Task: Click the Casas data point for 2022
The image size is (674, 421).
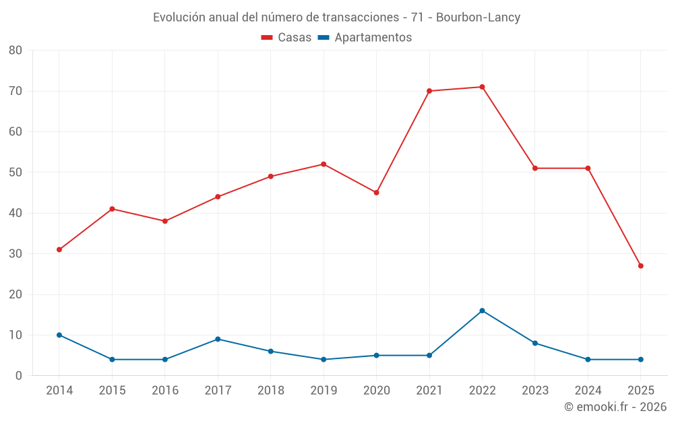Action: [482, 87]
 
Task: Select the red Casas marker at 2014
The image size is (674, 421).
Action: [59, 250]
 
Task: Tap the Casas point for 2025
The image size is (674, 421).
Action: [640, 266]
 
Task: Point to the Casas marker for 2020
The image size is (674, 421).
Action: [376, 193]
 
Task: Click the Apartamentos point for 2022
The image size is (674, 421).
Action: [482, 311]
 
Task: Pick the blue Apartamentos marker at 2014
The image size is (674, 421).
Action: [59, 335]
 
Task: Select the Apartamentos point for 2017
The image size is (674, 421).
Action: [218, 339]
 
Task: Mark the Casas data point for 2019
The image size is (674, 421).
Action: [324, 164]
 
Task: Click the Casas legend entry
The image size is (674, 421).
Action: [286, 38]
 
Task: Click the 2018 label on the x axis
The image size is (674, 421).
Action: [271, 391]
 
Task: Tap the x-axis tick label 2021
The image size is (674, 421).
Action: [429, 391]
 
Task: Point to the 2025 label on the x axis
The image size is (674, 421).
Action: [640, 391]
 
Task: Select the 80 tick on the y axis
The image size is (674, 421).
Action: [16, 51]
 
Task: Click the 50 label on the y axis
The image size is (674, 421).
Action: [16, 172]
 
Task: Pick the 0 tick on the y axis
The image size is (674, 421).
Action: [19, 376]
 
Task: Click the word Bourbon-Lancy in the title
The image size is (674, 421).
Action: [478, 18]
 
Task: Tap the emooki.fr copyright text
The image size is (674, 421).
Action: [615, 407]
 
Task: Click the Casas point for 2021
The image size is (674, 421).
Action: [429, 91]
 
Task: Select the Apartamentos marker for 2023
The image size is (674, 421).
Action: [535, 343]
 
